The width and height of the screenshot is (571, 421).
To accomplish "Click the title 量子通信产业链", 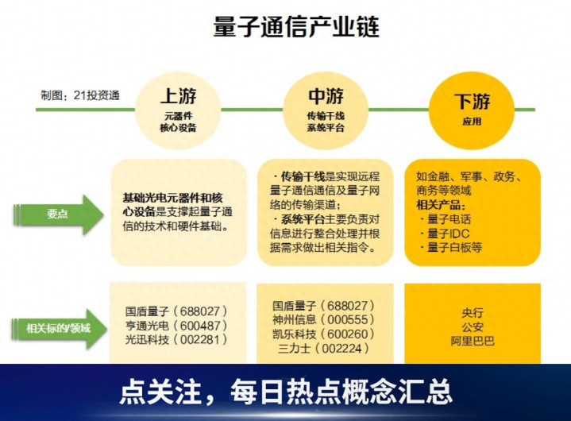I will [295, 27].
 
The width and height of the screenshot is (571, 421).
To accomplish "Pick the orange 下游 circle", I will [472, 108].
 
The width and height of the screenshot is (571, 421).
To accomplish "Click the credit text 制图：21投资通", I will [80, 95].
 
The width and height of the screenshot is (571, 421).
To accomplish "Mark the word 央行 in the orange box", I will [472, 312].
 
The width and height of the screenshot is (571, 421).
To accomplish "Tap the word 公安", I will [472, 326].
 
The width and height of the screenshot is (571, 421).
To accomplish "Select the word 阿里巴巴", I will [472, 341].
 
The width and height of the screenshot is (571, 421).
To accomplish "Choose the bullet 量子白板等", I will [453, 247].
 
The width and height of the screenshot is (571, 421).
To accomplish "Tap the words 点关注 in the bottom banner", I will [159, 391].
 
